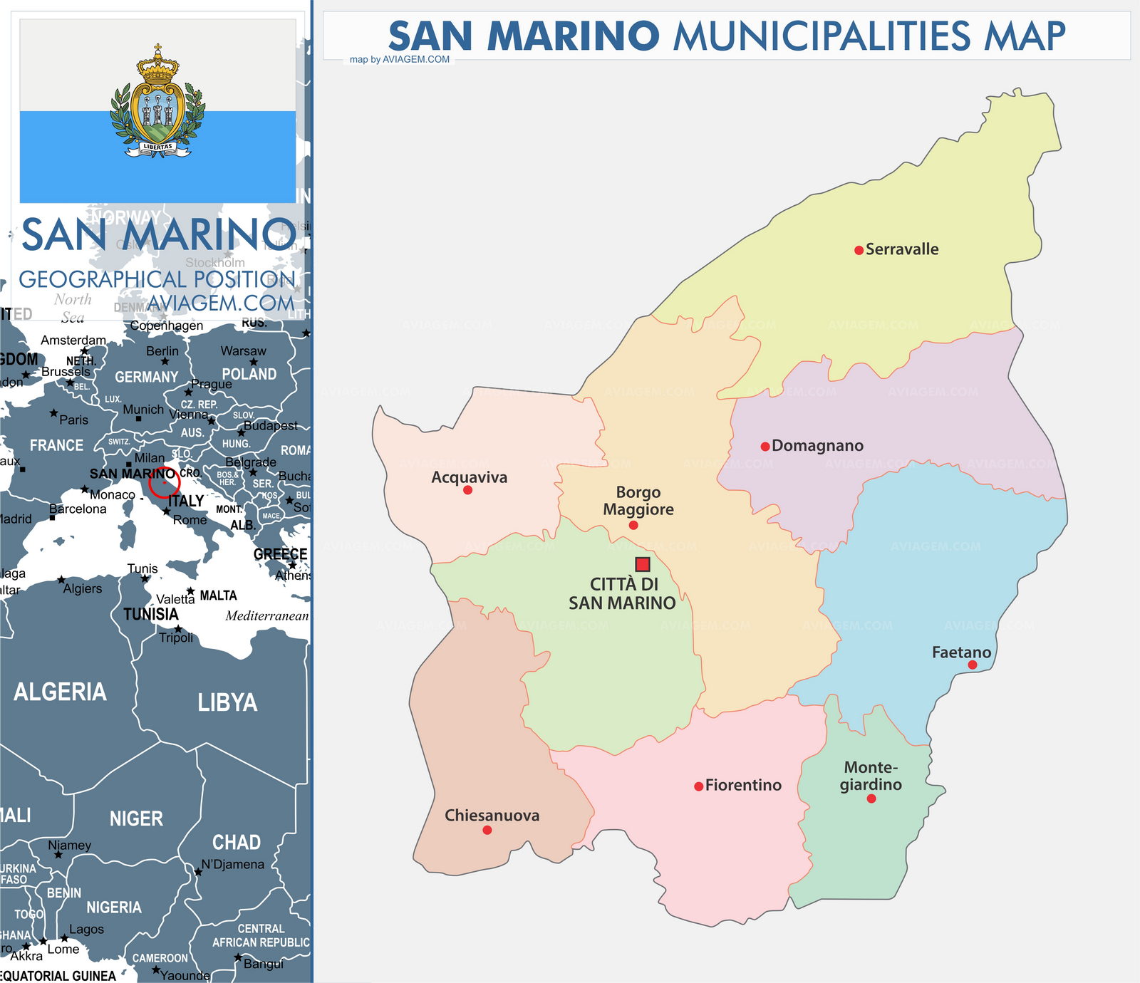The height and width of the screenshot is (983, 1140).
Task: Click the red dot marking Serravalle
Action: tap(859, 250)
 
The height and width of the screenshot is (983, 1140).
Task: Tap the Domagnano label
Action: tap(817, 446)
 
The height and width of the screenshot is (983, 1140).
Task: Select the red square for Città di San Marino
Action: tap(643, 564)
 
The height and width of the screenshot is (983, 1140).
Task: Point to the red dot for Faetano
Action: tap(972, 665)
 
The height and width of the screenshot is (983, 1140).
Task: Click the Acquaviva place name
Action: tap(469, 477)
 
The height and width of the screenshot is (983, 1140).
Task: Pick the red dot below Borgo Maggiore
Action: tap(633, 526)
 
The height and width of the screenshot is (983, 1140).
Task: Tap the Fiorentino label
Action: tap(743, 785)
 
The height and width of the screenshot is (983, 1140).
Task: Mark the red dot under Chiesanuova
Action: tap(487, 830)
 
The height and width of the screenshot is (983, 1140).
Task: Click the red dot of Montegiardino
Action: tap(871, 799)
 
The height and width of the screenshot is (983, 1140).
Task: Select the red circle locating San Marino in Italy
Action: tap(164, 483)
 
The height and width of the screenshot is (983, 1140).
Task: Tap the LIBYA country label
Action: tap(227, 703)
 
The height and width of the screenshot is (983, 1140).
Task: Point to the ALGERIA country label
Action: tap(60, 692)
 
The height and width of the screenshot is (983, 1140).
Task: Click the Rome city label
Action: tap(190, 520)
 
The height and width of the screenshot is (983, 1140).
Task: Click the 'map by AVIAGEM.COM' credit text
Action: tap(400, 59)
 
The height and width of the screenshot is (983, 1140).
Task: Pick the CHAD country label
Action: tap(236, 843)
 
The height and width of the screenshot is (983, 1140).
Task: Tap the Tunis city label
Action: tap(142, 568)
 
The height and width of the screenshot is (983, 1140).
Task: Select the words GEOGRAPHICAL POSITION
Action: tap(157, 279)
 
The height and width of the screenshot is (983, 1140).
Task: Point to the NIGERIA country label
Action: tap(114, 907)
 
